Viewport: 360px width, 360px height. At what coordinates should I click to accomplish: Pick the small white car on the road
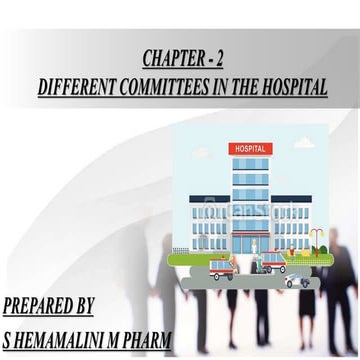pyautogui.click(x=297, y=281)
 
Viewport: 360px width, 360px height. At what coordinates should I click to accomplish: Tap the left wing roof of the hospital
pyautogui.click(x=209, y=197)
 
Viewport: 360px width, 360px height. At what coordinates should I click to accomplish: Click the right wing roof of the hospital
pyautogui.click(x=291, y=197)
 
